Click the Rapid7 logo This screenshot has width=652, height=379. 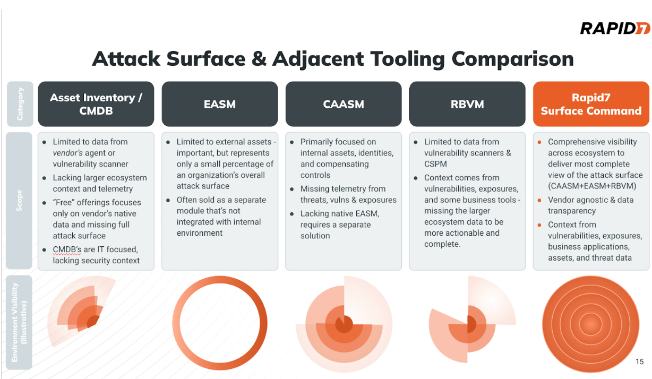click(x=615, y=28)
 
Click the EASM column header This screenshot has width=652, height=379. click(x=220, y=104)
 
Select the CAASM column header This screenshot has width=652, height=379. click(x=344, y=104)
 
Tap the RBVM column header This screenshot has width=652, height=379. click(x=467, y=104)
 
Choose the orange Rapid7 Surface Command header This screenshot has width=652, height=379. click(x=591, y=104)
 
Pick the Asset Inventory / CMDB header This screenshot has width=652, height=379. click(x=96, y=104)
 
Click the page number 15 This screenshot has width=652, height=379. click(x=639, y=361)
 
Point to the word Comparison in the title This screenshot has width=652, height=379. click(x=512, y=59)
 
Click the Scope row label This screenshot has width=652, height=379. click(x=19, y=201)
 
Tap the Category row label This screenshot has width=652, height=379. click(x=20, y=104)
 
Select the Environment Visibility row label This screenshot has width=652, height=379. click(x=19, y=323)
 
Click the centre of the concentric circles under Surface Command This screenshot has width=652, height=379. click(x=590, y=324)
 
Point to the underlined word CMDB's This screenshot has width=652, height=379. click(x=67, y=249)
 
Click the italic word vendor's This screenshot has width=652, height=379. click(x=67, y=153)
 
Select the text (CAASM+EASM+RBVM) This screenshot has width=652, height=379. click(x=592, y=186)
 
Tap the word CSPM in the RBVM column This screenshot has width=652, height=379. click(x=435, y=164)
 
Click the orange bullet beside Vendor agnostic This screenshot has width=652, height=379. click(x=539, y=200)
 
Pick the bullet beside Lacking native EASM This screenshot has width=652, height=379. click(x=291, y=214)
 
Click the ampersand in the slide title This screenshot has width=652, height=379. click(x=259, y=59)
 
